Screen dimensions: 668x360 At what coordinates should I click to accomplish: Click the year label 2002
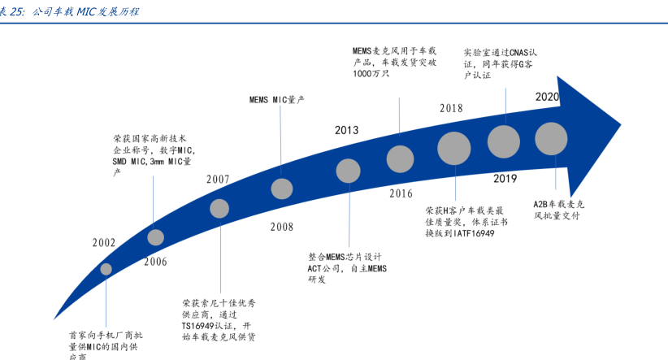pyautogui.click(x=104, y=242)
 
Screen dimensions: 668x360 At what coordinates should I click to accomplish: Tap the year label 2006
pyautogui.click(x=155, y=261)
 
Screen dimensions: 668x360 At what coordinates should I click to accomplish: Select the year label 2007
pyautogui.click(x=218, y=179)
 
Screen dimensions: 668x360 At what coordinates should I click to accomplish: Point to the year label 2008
pyautogui.click(x=282, y=227)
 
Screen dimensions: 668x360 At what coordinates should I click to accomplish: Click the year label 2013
pyautogui.click(x=346, y=130)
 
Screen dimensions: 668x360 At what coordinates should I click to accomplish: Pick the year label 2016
pyautogui.click(x=401, y=193)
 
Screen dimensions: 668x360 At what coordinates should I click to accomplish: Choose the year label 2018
pyautogui.click(x=451, y=108)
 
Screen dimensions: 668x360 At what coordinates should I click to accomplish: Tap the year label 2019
pyautogui.click(x=505, y=178)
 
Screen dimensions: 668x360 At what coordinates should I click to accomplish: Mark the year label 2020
pyautogui.click(x=548, y=97)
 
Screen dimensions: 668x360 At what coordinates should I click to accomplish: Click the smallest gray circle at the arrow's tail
pyautogui.click(x=106, y=269)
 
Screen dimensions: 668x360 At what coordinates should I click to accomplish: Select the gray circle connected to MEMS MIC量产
pyautogui.click(x=282, y=189)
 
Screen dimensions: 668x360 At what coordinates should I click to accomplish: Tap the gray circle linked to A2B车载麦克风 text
pyautogui.click(x=551, y=138)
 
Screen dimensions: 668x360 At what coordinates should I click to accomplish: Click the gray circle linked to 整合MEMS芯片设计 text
pyautogui.click(x=349, y=171)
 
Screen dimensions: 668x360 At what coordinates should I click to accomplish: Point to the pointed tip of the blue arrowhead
pyautogui.click(x=621, y=125)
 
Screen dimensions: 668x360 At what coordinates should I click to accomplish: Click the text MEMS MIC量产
pyautogui.click(x=277, y=100)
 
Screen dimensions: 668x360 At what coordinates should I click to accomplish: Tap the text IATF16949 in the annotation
pyautogui.click(x=474, y=233)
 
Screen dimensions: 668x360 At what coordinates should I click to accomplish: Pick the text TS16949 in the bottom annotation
pyautogui.click(x=197, y=326)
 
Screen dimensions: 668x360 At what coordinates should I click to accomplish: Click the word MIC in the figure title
pyautogui.click(x=86, y=11)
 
